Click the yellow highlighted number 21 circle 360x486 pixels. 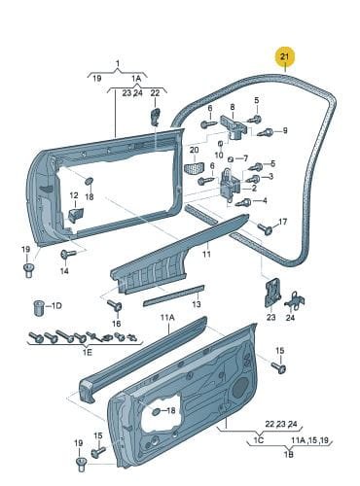tap(284, 56)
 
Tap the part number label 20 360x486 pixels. tap(194, 150)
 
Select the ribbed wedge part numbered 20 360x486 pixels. tap(194, 168)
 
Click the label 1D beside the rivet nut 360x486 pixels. tap(56, 305)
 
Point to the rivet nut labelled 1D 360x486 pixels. tap(39, 308)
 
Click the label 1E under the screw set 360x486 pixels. tap(88, 352)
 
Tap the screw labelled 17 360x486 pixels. tap(265, 228)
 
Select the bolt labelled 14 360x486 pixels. tap(67, 254)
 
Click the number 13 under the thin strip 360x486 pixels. tap(197, 304)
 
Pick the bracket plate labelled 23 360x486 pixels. tap(272, 292)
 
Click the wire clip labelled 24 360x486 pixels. tap(295, 300)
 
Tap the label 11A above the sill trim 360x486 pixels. tap(167, 318)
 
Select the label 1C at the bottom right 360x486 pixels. tap(259, 440)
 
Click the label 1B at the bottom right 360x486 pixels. tap(288, 454)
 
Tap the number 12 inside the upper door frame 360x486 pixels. tap(74, 195)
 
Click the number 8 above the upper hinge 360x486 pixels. tap(233, 107)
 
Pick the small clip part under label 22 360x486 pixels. tap(156, 117)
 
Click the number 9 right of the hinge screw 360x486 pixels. tap(285, 130)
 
